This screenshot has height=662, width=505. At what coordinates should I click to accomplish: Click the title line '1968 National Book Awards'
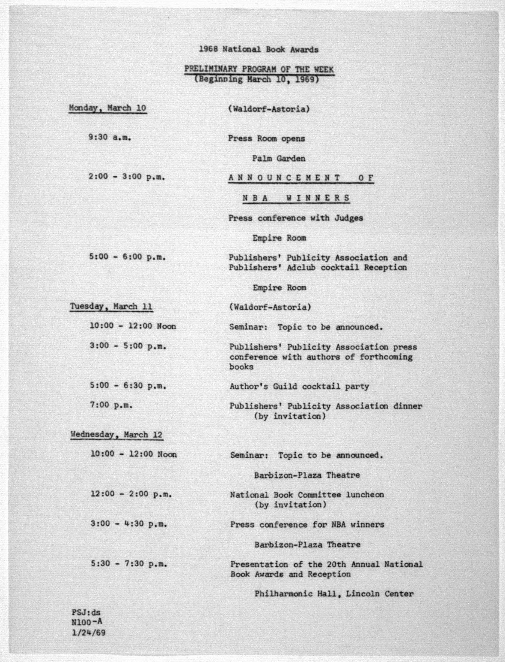point(258,49)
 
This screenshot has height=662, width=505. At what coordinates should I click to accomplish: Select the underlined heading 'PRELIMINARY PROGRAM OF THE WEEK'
point(259,69)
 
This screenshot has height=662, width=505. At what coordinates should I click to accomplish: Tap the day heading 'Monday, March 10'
point(108,108)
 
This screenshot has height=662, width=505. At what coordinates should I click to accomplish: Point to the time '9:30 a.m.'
point(109,138)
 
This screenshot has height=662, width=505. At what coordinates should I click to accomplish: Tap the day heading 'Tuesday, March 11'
point(111,307)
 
